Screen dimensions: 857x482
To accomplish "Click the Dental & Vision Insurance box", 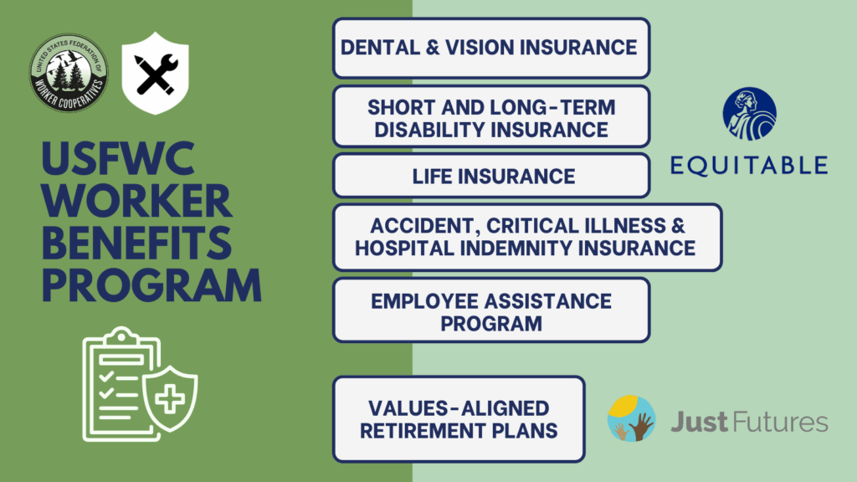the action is tap(491, 48).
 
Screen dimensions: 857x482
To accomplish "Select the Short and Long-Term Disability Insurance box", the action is tap(491, 116).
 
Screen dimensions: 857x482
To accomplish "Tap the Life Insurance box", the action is tap(491, 176).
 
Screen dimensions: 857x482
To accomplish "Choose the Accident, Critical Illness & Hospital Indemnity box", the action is tap(527, 237).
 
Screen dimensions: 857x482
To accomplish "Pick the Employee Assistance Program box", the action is tap(491, 310).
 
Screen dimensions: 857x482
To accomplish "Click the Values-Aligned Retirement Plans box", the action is tap(459, 419).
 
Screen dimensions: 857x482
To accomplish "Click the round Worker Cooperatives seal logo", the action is tap(69, 73).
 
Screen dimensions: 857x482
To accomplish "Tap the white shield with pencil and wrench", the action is tap(155, 74).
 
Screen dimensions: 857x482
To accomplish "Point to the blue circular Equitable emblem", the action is tap(749, 114).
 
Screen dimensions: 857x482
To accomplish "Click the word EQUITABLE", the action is tap(749, 166).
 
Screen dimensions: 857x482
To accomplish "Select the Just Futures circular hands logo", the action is tap(632, 418).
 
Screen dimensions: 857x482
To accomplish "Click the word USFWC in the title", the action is tap(119, 159).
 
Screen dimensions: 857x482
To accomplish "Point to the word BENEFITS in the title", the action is tap(137, 244).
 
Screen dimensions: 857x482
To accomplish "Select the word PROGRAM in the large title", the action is tap(152, 285).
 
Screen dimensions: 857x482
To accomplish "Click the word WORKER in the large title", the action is tap(137, 201).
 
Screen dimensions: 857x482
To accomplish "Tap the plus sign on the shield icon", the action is tap(170, 399).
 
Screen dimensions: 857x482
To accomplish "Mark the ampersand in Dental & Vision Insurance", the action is tap(433, 48).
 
